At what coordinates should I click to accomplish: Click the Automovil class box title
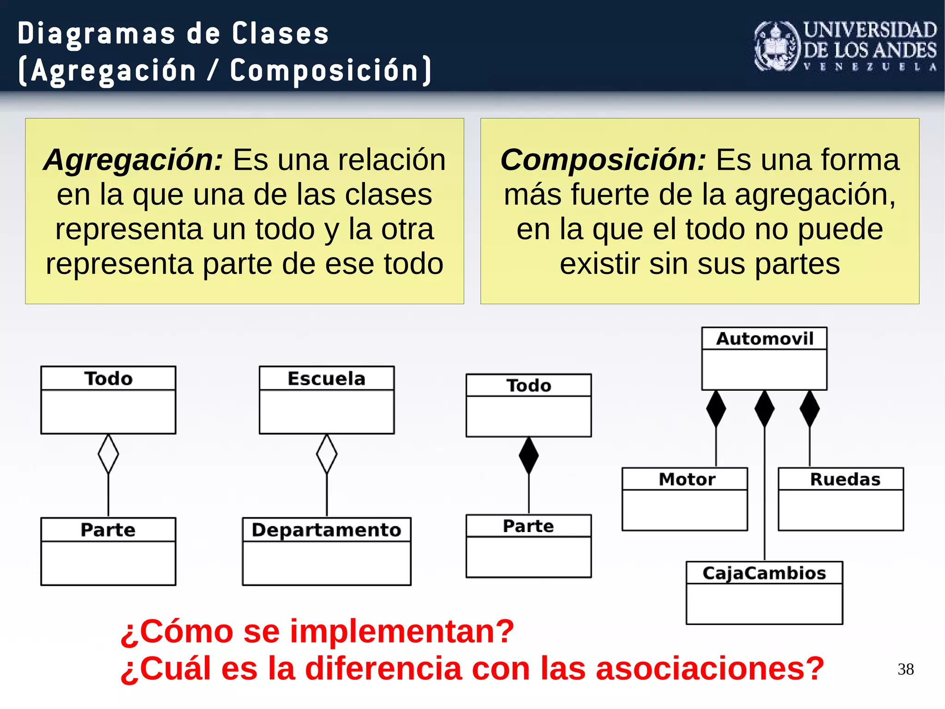tap(764, 339)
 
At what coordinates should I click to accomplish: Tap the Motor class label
tap(687, 479)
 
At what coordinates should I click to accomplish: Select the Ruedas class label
tap(845, 479)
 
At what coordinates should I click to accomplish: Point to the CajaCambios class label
tap(764, 573)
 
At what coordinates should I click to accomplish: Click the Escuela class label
tap(326, 378)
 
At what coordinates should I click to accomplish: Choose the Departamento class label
tap(326, 529)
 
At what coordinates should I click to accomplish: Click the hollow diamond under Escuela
tap(327, 454)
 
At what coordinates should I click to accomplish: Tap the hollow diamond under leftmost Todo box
tap(108, 454)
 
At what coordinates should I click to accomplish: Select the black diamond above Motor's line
tap(716, 409)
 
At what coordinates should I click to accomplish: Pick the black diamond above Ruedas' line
tap(810, 409)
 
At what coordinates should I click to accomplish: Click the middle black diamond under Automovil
tap(765, 409)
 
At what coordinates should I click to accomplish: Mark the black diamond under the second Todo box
tap(529, 455)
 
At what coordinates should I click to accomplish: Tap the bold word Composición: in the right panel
tap(603, 160)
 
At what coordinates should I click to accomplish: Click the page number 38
tap(906, 669)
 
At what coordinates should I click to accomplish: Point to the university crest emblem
tap(777, 47)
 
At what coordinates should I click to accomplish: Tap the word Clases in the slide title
tap(280, 34)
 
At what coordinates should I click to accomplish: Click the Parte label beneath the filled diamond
tap(528, 526)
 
